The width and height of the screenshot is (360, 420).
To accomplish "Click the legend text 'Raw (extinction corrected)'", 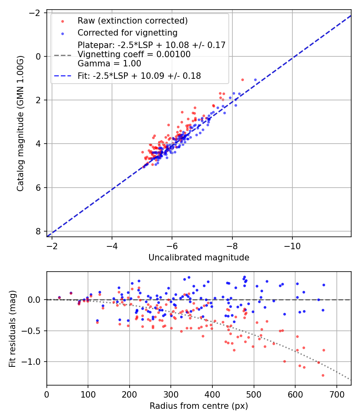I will (133, 21).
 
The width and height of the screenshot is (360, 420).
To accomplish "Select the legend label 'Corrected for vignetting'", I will (128, 32).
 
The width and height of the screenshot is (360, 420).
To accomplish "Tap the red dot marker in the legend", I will (62, 21).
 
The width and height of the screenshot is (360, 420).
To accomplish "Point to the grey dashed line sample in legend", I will (62, 54).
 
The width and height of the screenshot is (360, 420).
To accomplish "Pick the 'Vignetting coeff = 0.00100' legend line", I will (134, 54).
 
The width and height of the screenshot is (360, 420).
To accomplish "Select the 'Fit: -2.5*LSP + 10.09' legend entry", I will (139, 76).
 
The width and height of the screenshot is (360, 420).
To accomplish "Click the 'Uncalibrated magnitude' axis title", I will (199, 258).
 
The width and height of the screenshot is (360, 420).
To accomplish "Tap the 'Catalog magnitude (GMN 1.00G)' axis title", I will (20, 123).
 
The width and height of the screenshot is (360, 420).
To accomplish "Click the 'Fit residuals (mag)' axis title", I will (12, 328).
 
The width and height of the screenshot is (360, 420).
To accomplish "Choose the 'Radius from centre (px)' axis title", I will (199, 406).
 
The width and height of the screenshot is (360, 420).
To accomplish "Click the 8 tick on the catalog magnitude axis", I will (38, 231).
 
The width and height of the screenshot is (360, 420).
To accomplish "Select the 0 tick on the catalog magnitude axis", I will (38, 56).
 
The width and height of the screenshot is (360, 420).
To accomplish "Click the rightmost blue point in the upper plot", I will (255, 80).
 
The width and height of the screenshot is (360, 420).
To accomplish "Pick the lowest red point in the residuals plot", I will (323, 375).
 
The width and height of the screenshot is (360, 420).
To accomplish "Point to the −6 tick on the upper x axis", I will (172, 245).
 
